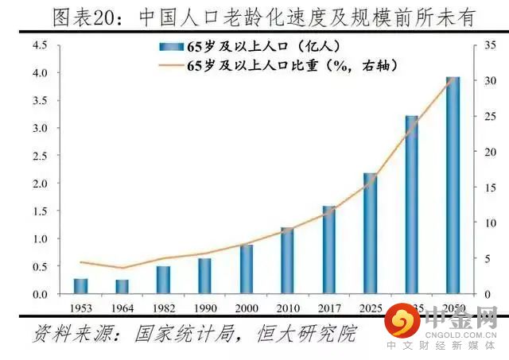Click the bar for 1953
(81, 286)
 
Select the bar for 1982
(163, 280)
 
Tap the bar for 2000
(247, 269)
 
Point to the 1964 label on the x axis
(122, 307)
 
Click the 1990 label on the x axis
(204, 307)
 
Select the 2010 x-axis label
(288, 307)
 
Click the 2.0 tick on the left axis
(38, 184)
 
